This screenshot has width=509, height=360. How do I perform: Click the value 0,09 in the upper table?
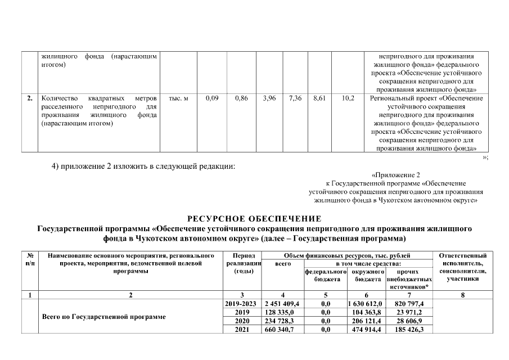212,98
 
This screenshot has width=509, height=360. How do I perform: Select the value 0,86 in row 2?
242,98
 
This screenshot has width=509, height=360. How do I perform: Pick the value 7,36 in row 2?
295,98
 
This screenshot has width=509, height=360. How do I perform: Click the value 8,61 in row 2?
319,98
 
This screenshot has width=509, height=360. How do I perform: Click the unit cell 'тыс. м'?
178,98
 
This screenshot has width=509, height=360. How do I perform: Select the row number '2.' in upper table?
29,98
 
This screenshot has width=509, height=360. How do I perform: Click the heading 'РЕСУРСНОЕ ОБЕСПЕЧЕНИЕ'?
254,218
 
